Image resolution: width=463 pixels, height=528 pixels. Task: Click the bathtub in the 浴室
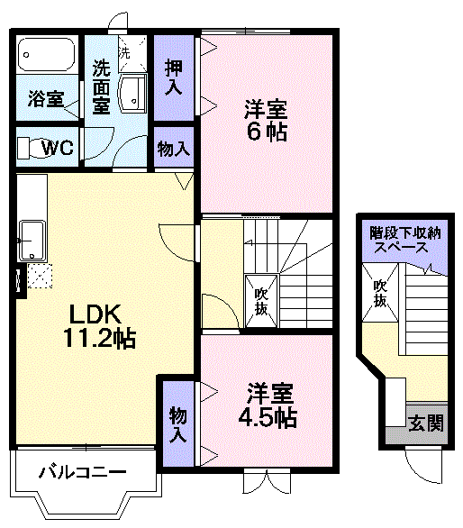[x=46, y=54]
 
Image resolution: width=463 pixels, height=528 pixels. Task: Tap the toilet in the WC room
[x=33, y=148]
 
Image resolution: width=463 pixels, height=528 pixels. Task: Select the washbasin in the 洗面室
[x=132, y=94]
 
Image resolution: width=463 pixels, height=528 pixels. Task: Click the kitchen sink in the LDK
[x=32, y=240]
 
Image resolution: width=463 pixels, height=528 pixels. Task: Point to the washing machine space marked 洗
[x=132, y=53]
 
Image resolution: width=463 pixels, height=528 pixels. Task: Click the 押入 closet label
[x=174, y=77]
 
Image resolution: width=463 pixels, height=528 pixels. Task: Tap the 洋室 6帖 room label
[x=266, y=120]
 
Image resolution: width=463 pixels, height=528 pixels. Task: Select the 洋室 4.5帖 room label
[x=268, y=405]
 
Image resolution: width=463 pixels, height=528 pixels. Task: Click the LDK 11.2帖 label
[x=99, y=326]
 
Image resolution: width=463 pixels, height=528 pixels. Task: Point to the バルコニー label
[x=83, y=472]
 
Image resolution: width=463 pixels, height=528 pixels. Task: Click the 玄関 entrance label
[x=426, y=423]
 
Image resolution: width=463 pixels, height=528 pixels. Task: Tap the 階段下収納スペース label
[x=405, y=241]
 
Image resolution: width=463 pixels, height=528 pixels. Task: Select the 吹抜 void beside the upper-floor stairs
[x=261, y=301]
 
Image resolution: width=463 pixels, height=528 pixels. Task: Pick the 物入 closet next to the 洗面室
[x=174, y=148]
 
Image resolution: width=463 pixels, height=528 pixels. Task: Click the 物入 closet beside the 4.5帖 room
[x=177, y=424]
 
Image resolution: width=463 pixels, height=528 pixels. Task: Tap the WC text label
[x=58, y=147]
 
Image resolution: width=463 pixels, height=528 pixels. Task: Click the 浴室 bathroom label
[x=46, y=99]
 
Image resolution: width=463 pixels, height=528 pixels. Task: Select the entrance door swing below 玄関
[x=423, y=468]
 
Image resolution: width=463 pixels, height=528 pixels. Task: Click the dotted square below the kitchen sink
[x=40, y=276]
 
